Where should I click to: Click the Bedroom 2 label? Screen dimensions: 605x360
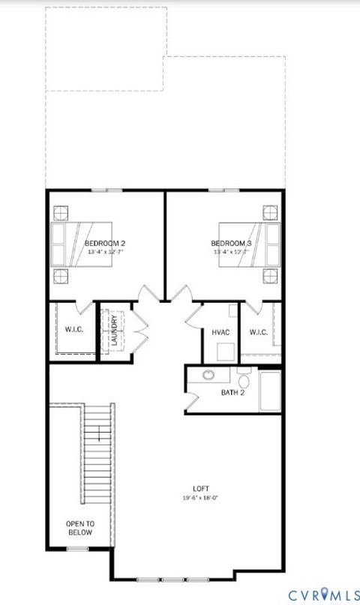tap(104, 244)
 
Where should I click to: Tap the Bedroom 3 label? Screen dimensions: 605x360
tap(230, 244)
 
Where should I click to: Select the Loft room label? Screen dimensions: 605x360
tap(200, 489)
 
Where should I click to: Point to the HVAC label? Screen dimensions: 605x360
tap(220, 332)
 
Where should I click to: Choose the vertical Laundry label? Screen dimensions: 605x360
tap(114, 331)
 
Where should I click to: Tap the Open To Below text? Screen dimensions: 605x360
tap(79, 528)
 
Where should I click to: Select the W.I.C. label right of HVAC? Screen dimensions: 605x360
tap(259, 332)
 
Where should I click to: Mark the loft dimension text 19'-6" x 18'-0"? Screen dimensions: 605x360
tap(200, 498)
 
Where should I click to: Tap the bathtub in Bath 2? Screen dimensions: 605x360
tap(270, 391)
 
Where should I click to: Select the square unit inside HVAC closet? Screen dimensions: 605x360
tap(224, 351)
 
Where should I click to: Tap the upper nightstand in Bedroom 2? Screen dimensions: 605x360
tap(59, 211)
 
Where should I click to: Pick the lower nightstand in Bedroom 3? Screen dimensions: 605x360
tap(270, 274)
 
